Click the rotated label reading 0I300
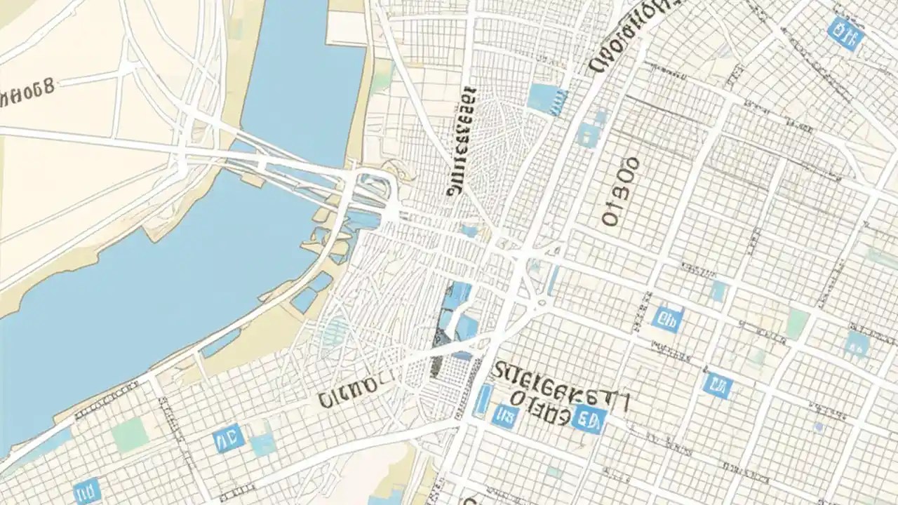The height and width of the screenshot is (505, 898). [x=621, y=191]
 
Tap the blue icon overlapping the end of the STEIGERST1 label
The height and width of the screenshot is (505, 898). [x=589, y=419]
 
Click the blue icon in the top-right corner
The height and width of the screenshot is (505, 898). [x=845, y=33]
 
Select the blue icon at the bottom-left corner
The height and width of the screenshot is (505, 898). [x=87, y=490]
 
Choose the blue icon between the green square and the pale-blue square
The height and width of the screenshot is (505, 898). [x=228, y=438]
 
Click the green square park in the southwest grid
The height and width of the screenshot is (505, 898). [x=130, y=436]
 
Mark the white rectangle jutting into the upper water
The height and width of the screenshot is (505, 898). [x=347, y=28]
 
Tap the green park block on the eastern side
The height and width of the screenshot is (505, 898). [x=797, y=323]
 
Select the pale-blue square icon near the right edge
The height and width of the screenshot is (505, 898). [x=857, y=343]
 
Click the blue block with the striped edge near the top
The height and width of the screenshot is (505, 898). [x=547, y=99]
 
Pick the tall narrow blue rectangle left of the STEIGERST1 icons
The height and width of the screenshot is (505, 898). [x=483, y=399]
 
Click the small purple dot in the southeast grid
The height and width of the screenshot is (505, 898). [x=819, y=426]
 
